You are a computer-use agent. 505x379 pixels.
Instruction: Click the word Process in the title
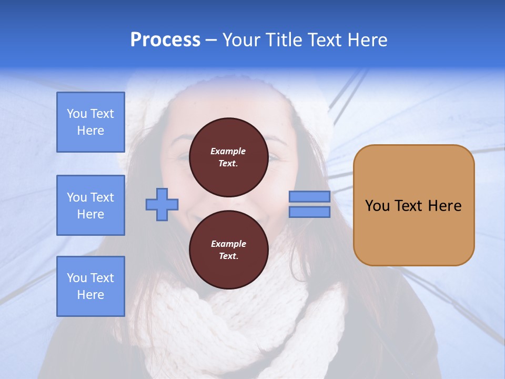165,40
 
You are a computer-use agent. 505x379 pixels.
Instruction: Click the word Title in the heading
281,40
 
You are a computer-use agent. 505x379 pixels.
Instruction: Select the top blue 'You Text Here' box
90,122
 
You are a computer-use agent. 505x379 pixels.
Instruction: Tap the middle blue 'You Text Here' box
90,205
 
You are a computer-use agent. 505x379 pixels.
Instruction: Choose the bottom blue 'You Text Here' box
90,286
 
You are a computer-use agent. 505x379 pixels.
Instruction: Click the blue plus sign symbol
162,204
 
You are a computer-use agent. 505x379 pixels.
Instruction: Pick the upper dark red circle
228,157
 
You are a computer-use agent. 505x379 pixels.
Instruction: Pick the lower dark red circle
228,250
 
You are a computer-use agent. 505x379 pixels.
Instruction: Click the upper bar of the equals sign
309,196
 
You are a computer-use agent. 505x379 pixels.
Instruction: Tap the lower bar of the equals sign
309,212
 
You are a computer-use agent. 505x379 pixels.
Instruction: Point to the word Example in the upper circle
228,151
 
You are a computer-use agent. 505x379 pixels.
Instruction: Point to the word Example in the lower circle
228,244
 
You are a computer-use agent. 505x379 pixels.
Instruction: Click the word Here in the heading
368,40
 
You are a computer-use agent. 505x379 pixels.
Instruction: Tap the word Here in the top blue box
90,131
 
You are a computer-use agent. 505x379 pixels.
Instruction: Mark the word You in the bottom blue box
77,278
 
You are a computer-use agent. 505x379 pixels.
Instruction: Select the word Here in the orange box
445,206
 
